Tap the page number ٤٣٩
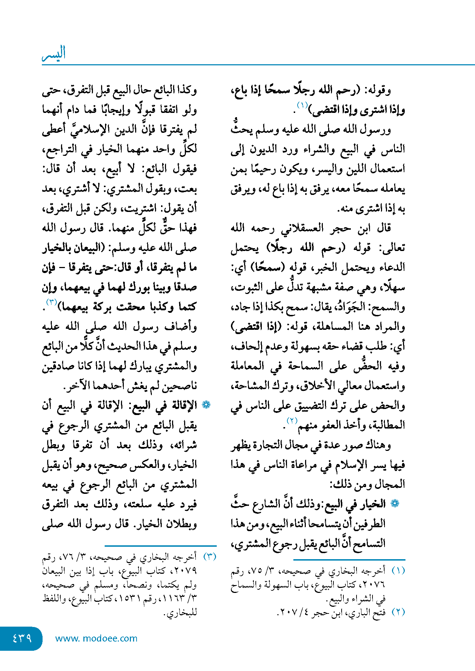(22, 638)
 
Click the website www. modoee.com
(96, 638)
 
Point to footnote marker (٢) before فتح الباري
(398, 612)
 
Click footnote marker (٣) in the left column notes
(210, 556)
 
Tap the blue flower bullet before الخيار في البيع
(395, 503)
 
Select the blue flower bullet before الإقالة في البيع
(206, 405)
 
